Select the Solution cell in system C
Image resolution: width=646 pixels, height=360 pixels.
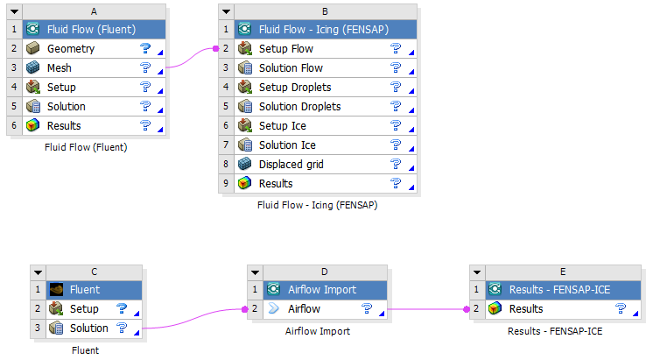pos(88,328)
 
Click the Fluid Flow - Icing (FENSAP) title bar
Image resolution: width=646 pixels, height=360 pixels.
pos(323,30)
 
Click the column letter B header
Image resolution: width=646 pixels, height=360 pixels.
pos(325,11)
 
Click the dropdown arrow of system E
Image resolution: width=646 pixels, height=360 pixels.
pos(477,272)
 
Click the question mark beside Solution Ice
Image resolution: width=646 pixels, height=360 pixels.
pos(396,145)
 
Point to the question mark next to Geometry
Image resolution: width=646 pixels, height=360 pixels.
pos(145,49)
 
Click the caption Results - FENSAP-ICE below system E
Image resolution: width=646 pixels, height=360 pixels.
pos(555,331)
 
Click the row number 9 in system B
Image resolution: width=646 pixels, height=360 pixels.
pos(226,184)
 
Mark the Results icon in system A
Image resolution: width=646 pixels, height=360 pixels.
pos(33,126)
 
